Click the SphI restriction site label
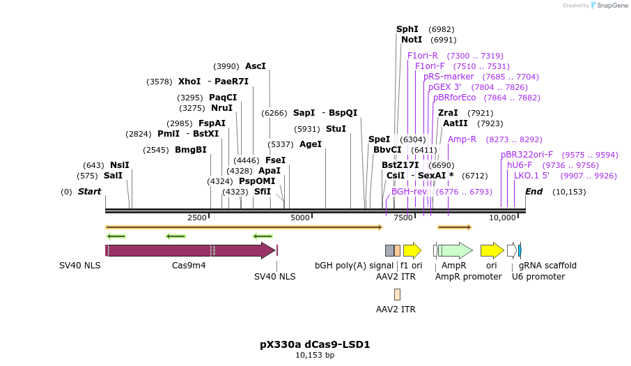(407, 29)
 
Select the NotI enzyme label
(412, 40)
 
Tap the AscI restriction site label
(256, 66)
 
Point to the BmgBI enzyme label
(190, 150)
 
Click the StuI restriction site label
(336, 129)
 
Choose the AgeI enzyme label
(311, 144)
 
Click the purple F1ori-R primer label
(423, 56)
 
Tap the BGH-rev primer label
(409, 192)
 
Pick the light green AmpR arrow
(455, 251)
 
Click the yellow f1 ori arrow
(412, 251)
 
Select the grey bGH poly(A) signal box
(389, 251)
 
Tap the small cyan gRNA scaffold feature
(520, 251)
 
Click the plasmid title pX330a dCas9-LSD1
(315, 344)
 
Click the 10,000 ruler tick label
(502, 218)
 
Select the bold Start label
(89, 192)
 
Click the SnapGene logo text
(611, 6)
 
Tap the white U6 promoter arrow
(512, 251)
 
